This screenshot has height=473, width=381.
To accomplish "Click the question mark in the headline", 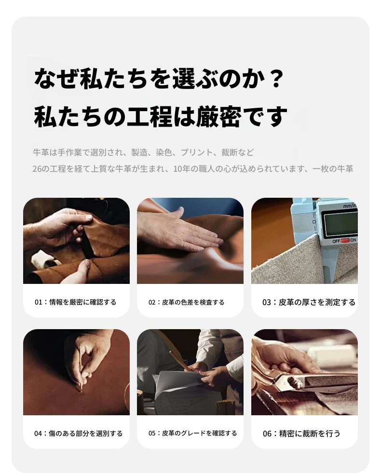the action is pyautogui.click(x=275, y=78).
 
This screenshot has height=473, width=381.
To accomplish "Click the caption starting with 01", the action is pyautogui.click(x=76, y=302).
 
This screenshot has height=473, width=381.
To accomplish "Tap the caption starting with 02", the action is pyautogui.click(x=186, y=302).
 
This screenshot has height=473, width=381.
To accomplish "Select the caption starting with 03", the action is pyautogui.click(x=309, y=302).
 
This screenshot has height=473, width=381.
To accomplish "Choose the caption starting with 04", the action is pyautogui.click(x=78, y=434).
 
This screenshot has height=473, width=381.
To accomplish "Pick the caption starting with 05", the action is pyautogui.click(x=192, y=433).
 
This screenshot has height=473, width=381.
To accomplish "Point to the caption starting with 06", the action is pyautogui.click(x=301, y=434).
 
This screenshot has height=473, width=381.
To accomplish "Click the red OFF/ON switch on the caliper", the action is pyautogui.click(x=345, y=241).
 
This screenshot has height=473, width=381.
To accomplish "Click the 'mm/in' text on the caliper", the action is pyautogui.click(x=350, y=206).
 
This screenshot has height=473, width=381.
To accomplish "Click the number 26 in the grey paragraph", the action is pyautogui.click(x=37, y=168).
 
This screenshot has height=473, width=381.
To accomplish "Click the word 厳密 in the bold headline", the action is pyautogui.click(x=218, y=116).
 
